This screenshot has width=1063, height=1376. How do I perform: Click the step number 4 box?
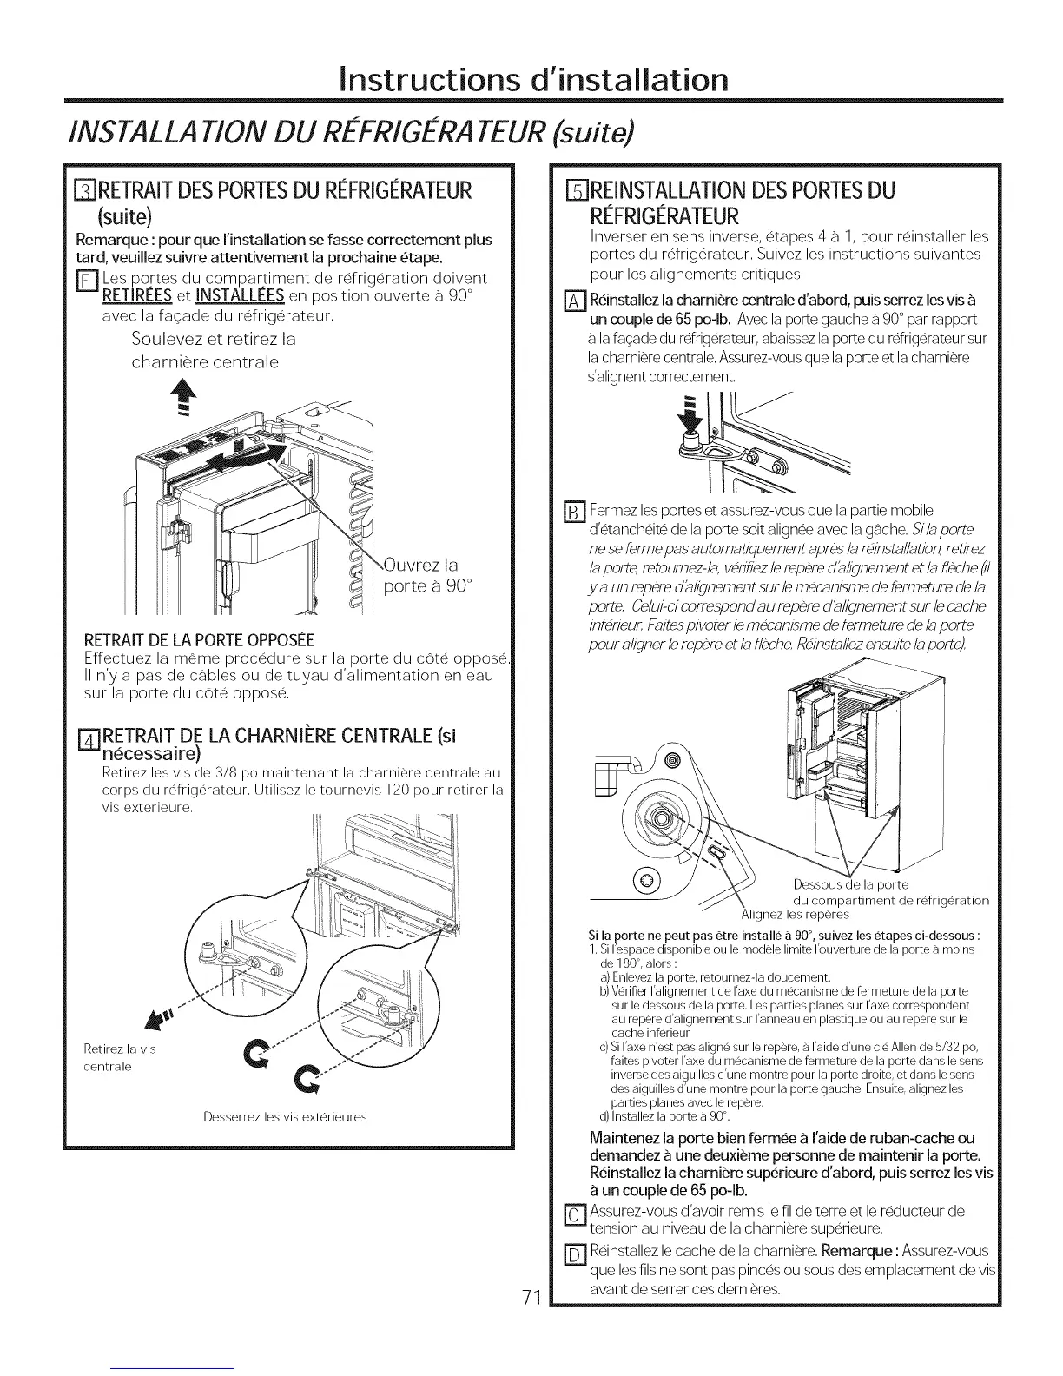click(87, 740)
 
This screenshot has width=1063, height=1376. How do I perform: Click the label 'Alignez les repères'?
click(795, 915)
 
